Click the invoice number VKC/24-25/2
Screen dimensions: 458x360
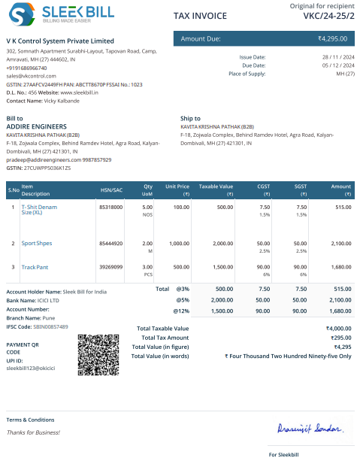tap(327, 15)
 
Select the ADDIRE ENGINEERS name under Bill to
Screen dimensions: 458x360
tap(36, 126)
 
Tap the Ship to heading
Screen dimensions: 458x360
tap(190, 118)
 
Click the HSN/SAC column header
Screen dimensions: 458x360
tap(110, 190)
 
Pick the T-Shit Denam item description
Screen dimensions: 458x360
tap(41, 209)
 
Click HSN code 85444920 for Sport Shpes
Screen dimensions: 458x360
tap(110, 244)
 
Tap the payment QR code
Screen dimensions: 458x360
tap(98, 356)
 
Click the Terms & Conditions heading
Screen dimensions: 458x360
tap(30, 420)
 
